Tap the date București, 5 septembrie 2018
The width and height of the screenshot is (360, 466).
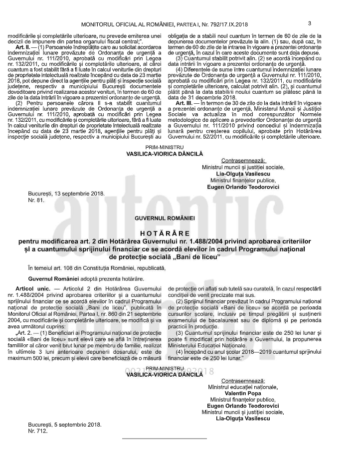pos(64,425)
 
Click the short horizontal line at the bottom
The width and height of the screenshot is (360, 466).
pos(165,439)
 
